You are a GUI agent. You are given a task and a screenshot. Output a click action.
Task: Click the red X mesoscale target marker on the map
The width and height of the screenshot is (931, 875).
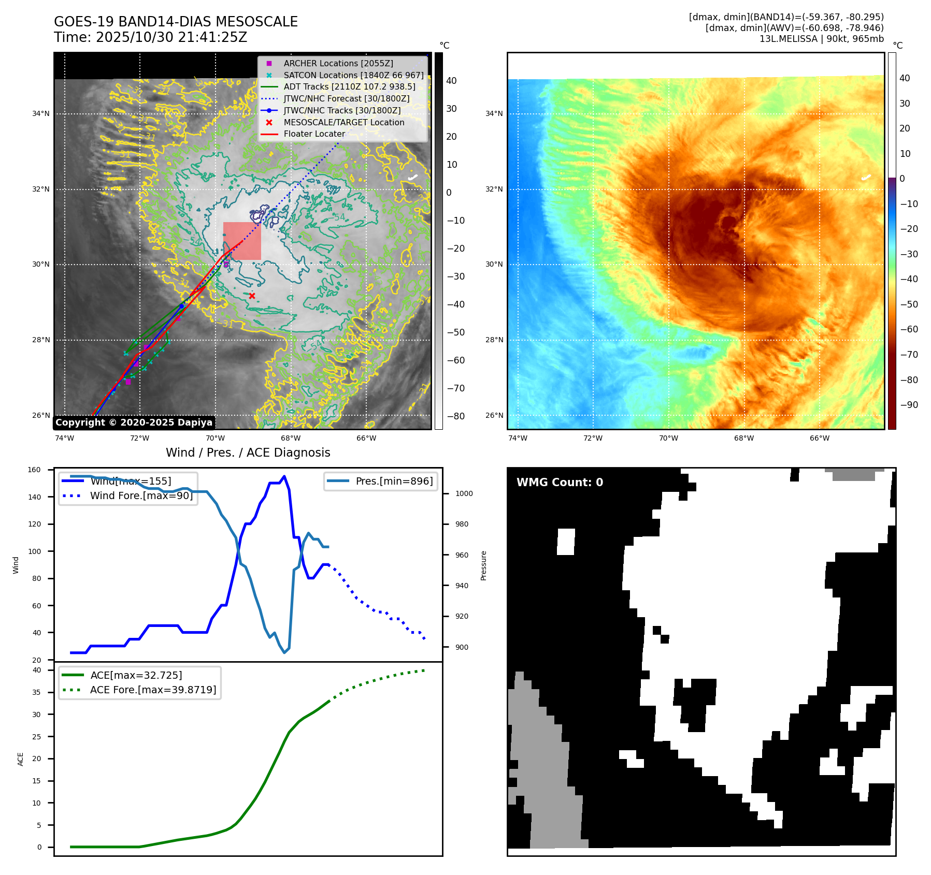click(x=252, y=296)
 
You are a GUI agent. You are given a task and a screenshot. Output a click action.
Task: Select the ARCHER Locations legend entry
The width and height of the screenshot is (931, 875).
click(x=338, y=63)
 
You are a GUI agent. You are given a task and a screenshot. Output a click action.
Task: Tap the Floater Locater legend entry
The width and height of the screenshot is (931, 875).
click(x=314, y=134)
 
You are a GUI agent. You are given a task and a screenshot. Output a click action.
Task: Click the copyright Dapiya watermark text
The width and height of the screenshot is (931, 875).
click(x=134, y=422)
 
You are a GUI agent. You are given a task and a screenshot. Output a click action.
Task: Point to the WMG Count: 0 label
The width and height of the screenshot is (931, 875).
click(x=560, y=483)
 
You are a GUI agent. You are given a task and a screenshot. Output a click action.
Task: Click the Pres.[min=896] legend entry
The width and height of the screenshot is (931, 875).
click(x=394, y=481)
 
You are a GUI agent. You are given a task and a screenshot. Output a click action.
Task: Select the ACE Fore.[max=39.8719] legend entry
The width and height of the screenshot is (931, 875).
click(x=153, y=690)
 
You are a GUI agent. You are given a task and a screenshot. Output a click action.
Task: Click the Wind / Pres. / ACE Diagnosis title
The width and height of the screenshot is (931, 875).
click(x=248, y=453)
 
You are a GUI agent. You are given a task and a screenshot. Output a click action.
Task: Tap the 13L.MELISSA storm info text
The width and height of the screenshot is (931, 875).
click(x=821, y=39)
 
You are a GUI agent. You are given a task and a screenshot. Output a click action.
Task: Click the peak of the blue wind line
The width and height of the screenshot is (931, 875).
click(x=284, y=476)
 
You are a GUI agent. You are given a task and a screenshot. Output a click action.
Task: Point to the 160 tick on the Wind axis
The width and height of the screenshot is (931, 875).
click(x=34, y=470)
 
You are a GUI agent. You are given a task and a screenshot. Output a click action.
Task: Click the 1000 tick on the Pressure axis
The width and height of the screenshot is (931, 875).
click(x=464, y=494)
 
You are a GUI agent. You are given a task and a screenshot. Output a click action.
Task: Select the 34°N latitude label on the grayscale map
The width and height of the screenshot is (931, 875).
click(x=41, y=114)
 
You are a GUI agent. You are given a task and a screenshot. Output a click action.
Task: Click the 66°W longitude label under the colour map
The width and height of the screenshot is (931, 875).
click(x=819, y=438)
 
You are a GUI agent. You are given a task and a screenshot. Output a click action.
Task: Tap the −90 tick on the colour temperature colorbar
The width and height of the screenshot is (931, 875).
click(x=909, y=405)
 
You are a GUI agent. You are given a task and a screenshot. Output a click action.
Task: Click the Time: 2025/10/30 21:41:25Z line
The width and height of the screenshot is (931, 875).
click(x=150, y=37)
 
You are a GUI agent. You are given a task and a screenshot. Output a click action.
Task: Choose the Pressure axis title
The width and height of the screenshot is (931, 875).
click(x=483, y=565)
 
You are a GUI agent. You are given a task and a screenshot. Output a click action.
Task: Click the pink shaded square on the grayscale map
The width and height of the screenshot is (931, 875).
click(x=242, y=241)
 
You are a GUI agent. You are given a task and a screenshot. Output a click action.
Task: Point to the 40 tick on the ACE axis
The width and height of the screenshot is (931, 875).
click(x=37, y=670)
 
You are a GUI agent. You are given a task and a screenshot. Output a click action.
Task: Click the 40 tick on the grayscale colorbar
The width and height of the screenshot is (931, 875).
click(x=451, y=81)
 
